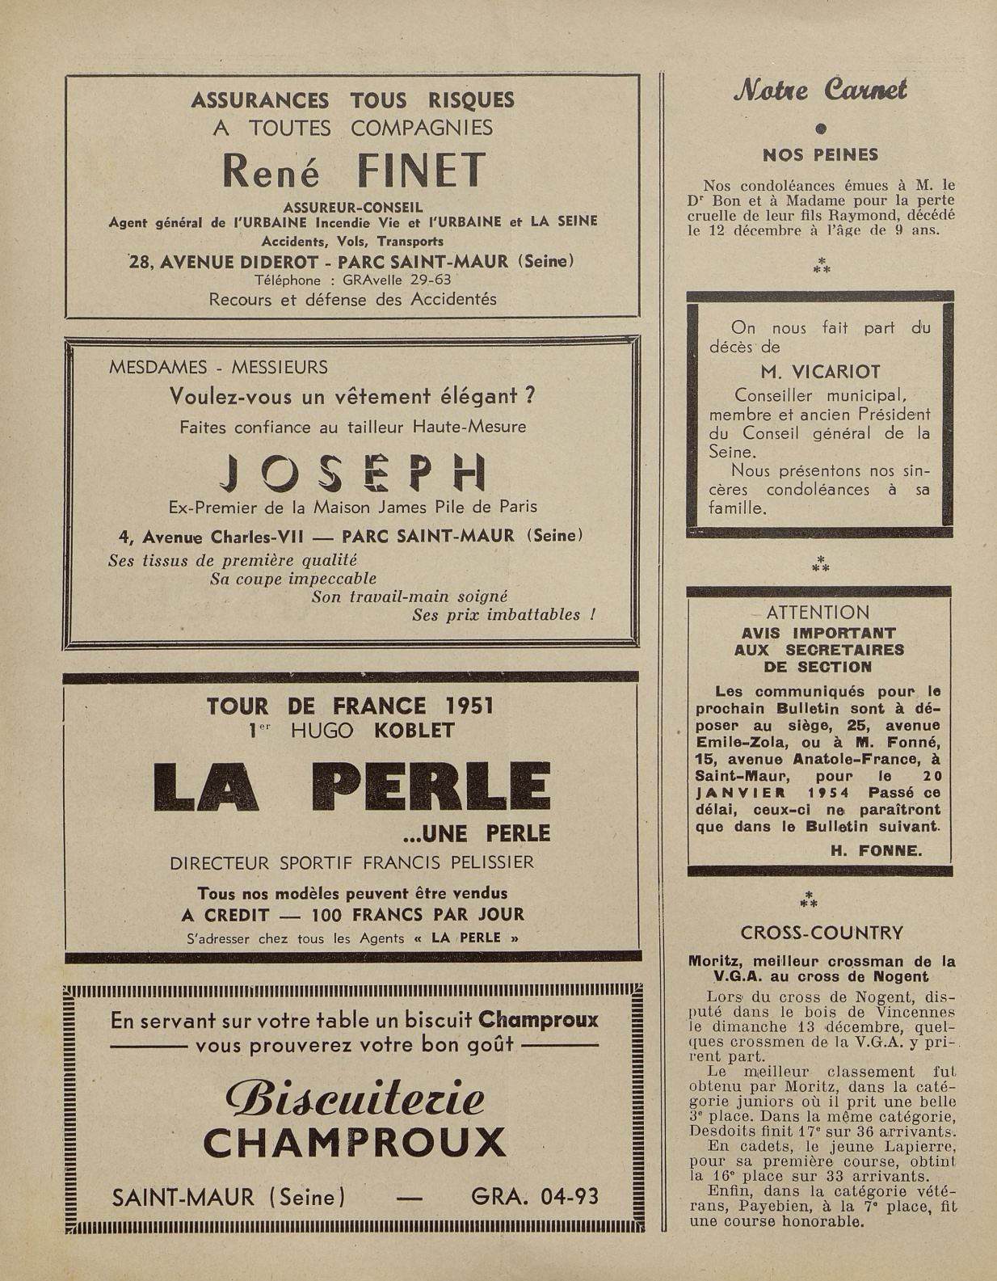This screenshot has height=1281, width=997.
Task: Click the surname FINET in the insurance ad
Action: pos(422,171)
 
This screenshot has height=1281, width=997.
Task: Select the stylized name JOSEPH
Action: pos(353,474)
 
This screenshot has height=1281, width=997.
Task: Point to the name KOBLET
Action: pos(414,731)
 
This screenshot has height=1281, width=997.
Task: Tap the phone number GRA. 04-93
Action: pos(534,1196)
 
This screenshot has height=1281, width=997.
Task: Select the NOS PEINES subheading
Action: pos(820,154)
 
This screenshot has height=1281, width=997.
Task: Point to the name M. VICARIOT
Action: pos(820,373)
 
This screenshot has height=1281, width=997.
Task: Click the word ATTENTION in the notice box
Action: pos(818,613)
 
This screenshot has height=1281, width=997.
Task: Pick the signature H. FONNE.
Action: pos(876,850)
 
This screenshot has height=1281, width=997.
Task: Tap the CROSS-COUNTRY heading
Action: pos(821,933)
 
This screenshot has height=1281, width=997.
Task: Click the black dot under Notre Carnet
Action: pos(821,128)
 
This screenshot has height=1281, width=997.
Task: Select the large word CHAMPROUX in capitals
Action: pos(355,1143)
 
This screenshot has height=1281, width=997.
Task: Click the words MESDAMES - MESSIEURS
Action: pos(218,368)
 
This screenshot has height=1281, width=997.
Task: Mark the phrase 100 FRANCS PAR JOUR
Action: pos(418,915)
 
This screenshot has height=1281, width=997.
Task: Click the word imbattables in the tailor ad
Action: pos(540,614)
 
